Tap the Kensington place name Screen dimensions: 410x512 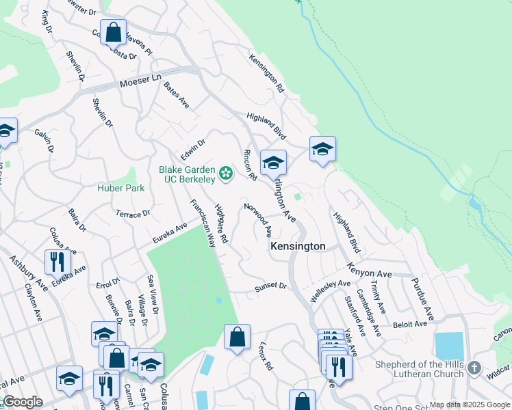coord(298,246)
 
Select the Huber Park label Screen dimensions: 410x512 coord(120,188)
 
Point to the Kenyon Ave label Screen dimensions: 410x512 coord(369,270)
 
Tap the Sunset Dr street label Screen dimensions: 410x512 coord(269,288)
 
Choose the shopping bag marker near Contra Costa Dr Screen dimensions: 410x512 coord(114,31)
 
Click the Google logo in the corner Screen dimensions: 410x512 coord(22,402)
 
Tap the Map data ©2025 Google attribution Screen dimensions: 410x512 coord(470,405)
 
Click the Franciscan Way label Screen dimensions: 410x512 coord(203,223)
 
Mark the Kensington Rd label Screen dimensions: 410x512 coord(266,73)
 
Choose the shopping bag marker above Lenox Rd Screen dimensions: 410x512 coord(237,338)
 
